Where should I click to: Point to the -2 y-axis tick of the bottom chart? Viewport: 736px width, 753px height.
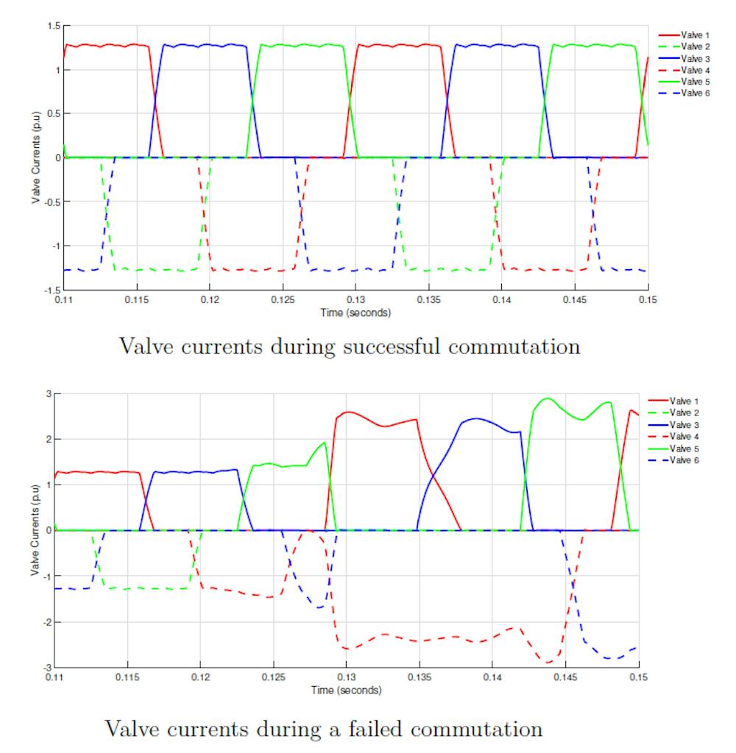(46, 622)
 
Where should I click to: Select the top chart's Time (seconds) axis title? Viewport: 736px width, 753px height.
(355, 312)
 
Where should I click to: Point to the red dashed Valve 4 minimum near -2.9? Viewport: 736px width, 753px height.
(548, 663)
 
